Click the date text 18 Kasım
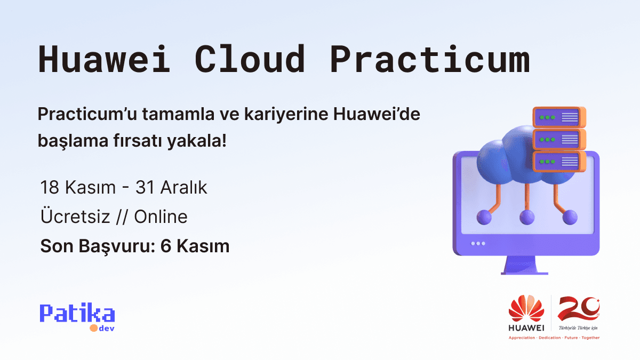pyautogui.click(x=78, y=188)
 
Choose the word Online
pyautogui.click(x=161, y=217)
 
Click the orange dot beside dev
pyautogui.click(x=93, y=328)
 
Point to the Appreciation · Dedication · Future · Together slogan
pyautogui.click(x=554, y=338)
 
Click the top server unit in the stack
pyautogui.click(x=558, y=117)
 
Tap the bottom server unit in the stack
pyautogui.click(x=558, y=161)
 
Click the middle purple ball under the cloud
pyautogui.click(x=527, y=217)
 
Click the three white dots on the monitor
pyautogui.click(x=478, y=243)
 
